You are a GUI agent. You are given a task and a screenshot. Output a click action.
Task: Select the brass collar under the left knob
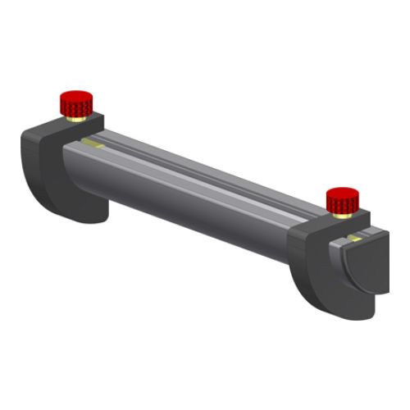tap(75, 118)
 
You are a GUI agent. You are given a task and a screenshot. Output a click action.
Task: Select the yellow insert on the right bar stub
tap(353, 238)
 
